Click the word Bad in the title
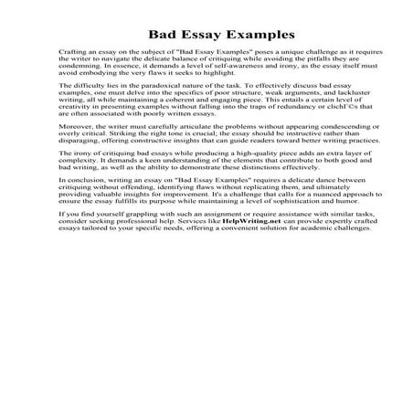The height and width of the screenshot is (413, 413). coord(158,29)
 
